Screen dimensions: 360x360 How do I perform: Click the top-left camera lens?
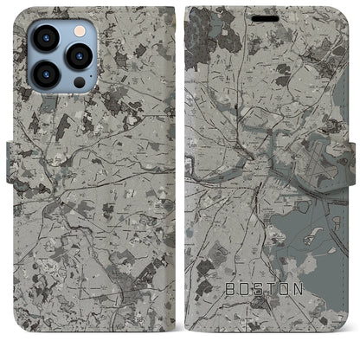click(x=44, y=38)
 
